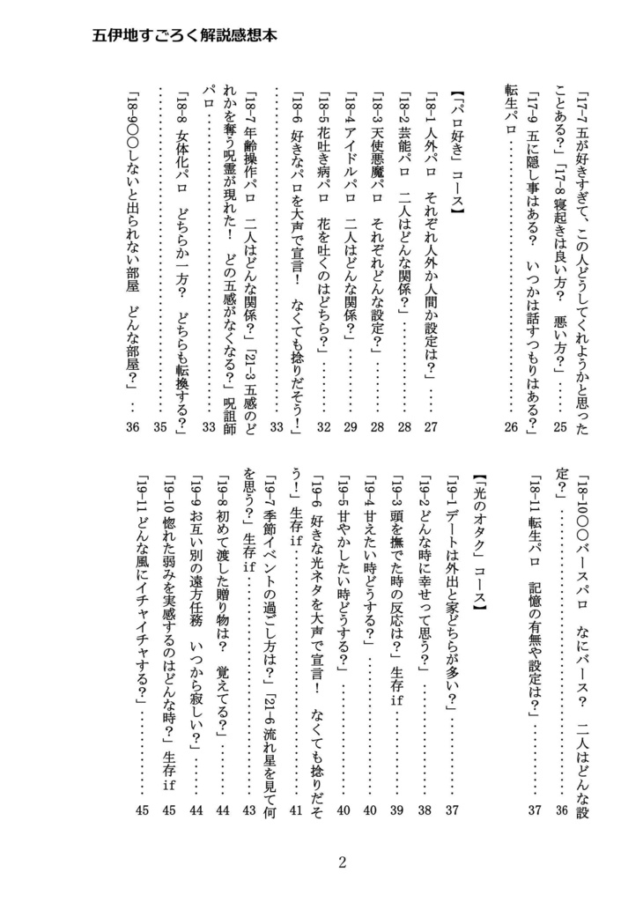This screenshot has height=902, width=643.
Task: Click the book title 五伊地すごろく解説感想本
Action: pyautogui.click(x=185, y=38)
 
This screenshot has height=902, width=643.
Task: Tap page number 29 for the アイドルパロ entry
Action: pyautogui.click(x=351, y=427)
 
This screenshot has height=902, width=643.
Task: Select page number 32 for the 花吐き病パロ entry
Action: pyautogui.click(x=324, y=427)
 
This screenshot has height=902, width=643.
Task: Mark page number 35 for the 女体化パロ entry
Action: pyautogui.click(x=159, y=427)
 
